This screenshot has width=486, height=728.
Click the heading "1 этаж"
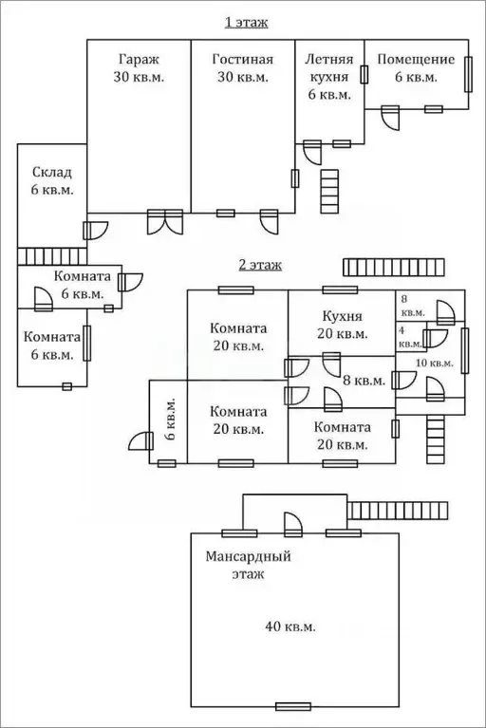247,22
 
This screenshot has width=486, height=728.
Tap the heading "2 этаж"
260,265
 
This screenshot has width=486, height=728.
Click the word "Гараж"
139,60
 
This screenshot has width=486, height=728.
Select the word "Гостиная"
243,60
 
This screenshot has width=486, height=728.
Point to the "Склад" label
52,173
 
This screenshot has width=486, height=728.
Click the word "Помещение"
416,60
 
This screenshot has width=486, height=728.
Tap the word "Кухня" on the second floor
342,316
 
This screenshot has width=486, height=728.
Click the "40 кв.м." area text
290,626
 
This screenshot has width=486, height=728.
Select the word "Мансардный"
248,556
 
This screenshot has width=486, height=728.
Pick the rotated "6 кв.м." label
170,419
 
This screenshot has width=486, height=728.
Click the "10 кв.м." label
435,364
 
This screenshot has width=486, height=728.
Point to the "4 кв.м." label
410,338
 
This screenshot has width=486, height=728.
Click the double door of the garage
165,222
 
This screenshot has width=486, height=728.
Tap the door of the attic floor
293,525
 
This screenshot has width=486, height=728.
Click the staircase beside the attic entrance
398,511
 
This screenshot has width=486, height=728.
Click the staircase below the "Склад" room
52,257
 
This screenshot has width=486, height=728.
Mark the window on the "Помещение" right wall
468,75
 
